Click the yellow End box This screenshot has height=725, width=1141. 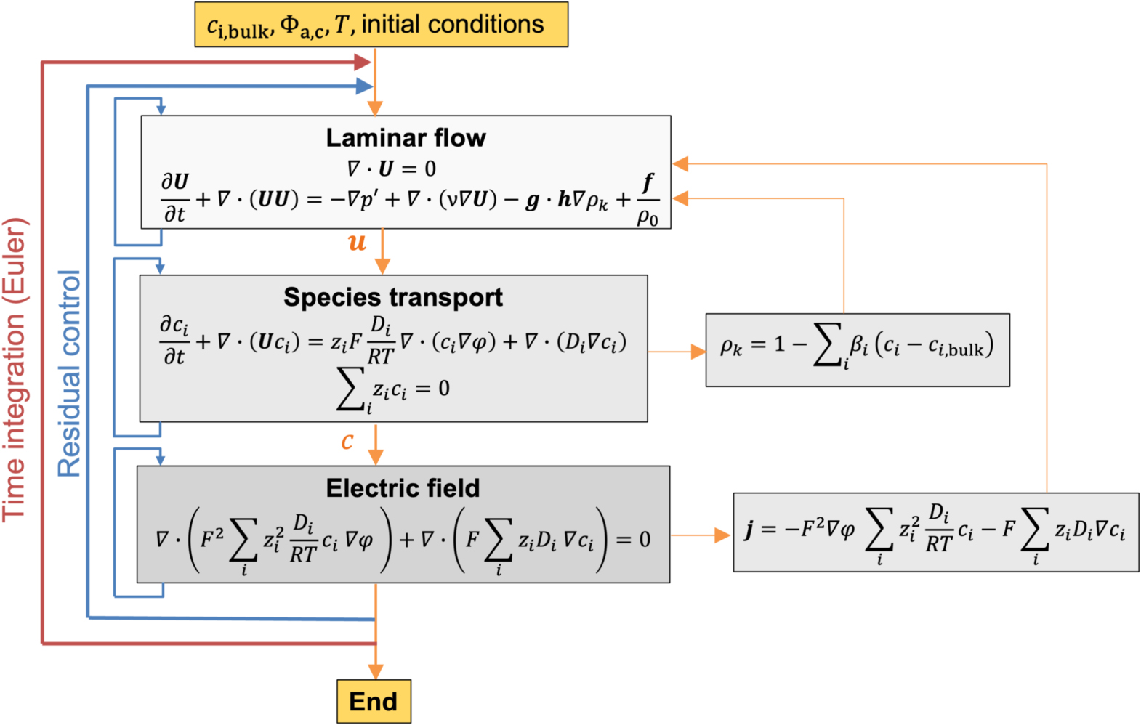point(374,701)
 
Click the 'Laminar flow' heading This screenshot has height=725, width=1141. point(406,137)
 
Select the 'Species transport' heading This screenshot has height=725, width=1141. point(392,297)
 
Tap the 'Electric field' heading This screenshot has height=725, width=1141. point(403,488)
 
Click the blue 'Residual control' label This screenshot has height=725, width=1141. point(70,373)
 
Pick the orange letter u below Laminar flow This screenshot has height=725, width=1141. point(357,242)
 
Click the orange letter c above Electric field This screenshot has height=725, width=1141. point(347,440)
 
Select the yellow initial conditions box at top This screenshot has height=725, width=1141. point(381,25)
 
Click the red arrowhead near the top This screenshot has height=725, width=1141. point(363,62)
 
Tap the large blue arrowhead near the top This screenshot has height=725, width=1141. point(364,87)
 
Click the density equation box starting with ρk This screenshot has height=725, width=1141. point(857,349)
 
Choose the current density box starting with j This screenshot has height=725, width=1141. point(935,532)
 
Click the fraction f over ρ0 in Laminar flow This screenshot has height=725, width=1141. point(647,200)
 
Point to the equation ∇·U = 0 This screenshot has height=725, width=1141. point(391,169)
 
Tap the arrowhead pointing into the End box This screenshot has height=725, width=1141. point(375,671)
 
